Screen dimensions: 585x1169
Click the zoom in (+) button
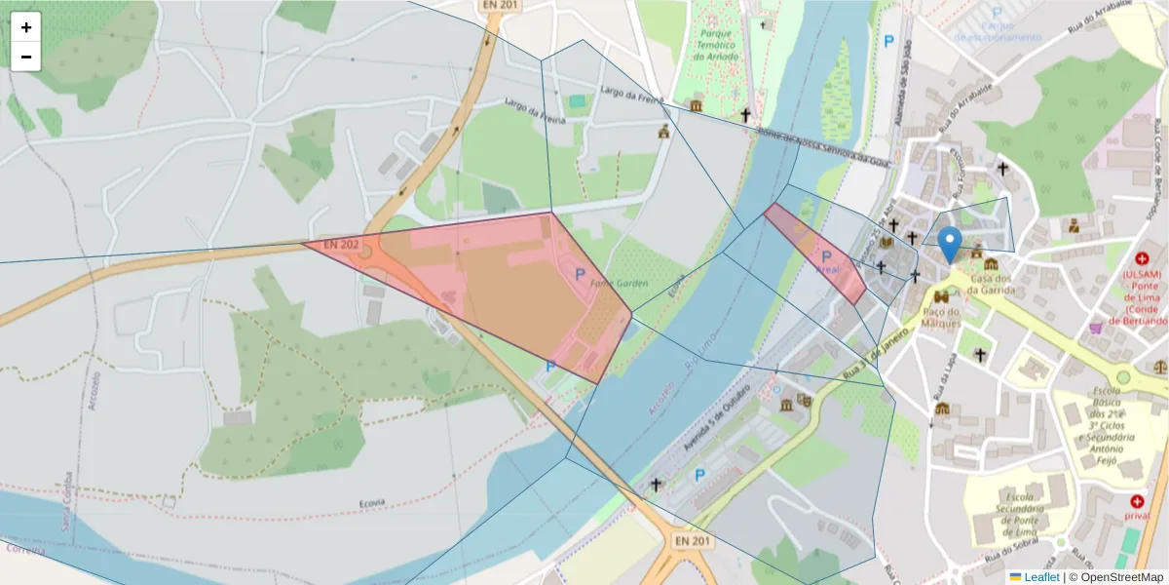point(26,27)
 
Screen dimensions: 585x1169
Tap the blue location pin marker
point(949,245)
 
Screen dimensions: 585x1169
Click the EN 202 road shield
point(341,243)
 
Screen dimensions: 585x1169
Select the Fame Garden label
point(618,284)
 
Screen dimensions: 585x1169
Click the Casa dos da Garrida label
point(991,284)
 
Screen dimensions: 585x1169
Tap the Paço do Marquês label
point(941,317)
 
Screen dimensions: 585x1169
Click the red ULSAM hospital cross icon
point(1142,259)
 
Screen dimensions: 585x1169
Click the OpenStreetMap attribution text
point(1116,577)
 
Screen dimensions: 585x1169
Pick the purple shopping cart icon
point(1096,329)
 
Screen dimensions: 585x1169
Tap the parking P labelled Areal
point(827,256)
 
